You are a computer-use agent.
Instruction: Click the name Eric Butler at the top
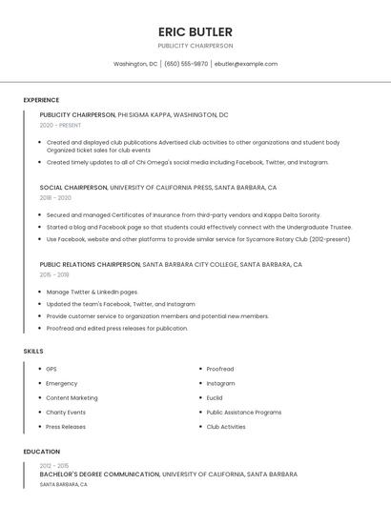click(x=195, y=30)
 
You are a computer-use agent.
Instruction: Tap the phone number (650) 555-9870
click(x=186, y=64)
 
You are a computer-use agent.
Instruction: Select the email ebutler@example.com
click(x=246, y=64)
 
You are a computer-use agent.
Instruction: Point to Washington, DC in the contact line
click(x=135, y=64)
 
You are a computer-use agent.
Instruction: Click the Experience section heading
click(x=41, y=100)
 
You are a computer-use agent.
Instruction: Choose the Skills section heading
click(x=33, y=352)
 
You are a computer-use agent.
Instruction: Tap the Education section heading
click(x=41, y=452)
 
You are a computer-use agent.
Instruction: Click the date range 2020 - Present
click(x=60, y=125)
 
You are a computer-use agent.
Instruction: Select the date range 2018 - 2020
click(x=55, y=198)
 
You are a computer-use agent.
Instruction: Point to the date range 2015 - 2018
click(x=54, y=274)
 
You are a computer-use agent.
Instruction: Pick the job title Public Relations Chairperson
click(x=90, y=264)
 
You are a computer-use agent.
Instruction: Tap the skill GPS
click(x=51, y=369)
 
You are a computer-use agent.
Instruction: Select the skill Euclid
click(x=215, y=397)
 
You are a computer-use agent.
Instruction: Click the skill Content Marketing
click(x=72, y=397)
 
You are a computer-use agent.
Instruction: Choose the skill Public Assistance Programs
click(x=244, y=413)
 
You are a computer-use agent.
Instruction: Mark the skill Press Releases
click(x=66, y=427)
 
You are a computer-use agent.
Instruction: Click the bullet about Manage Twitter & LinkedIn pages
click(x=92, y=292)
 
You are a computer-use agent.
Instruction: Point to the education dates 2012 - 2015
click(x=55, y=465)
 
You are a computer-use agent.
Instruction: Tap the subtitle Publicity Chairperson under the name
click(x=195, y=46)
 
